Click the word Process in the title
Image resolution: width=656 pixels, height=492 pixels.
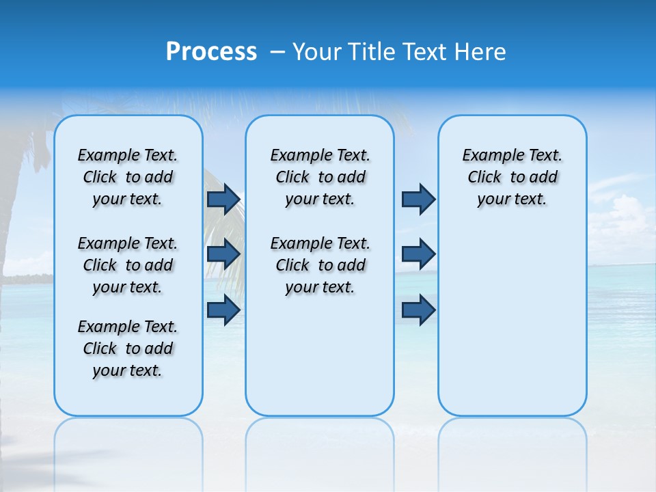(x=211, y=52)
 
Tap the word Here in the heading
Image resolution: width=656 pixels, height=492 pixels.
(x=481, y=52)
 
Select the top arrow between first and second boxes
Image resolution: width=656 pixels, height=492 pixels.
(x=223, y=199)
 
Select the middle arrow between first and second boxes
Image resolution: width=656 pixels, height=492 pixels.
(x=223, y=254)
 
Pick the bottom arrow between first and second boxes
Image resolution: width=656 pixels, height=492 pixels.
(x=223, y=310)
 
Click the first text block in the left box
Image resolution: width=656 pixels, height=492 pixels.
(x=128, y=177)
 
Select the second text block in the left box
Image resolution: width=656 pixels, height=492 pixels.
(x=128, y=265)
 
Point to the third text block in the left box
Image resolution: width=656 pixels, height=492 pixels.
(x=128, y=348)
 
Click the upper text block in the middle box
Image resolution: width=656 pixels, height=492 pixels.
(x=320, y=177)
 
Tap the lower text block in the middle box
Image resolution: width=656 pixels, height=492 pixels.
(x=320, y=265)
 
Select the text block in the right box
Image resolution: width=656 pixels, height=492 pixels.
(x=512, y=177)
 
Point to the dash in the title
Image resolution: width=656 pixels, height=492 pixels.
(x=277, y=53)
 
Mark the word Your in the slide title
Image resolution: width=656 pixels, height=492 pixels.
(x=318, y=52)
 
